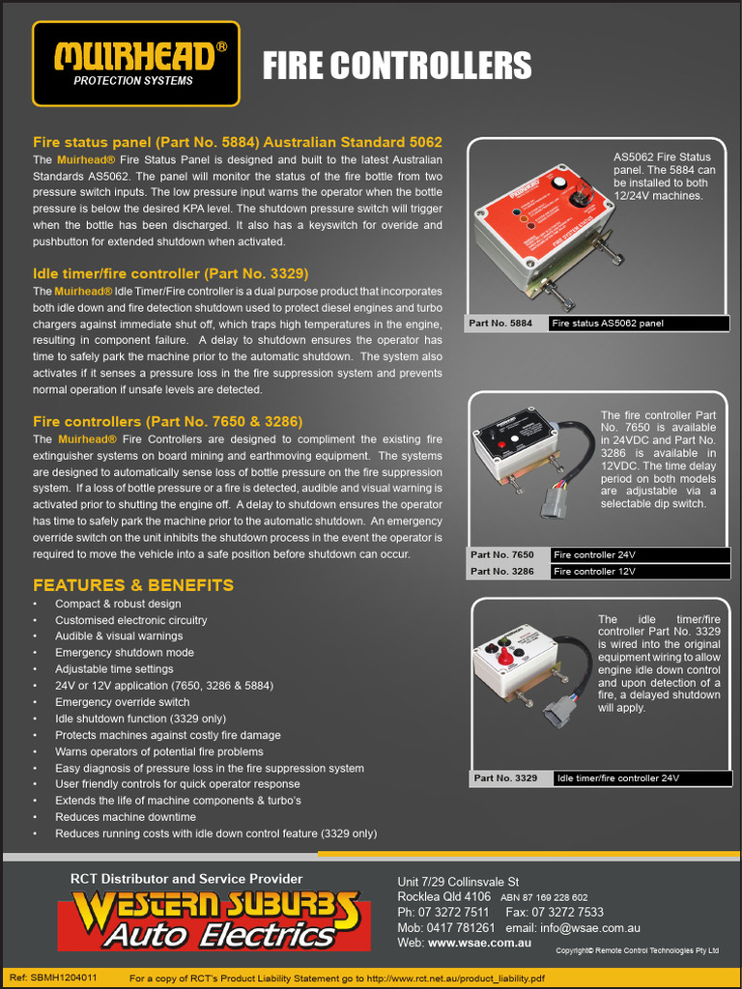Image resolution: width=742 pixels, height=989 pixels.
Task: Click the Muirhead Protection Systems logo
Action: [x=135, y=64]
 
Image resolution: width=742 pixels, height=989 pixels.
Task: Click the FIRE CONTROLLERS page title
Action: [x=397, y=66]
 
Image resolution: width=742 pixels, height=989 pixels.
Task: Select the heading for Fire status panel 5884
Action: [x=238, y=141]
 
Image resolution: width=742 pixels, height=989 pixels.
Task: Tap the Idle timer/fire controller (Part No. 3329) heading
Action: [x=171, y=273]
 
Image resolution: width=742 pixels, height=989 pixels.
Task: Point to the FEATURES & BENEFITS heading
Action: [x=133, y=585]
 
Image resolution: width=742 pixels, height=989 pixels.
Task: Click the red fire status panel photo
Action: [x=543, y=239]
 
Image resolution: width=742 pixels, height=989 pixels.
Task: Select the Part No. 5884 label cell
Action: [x=506, y=324]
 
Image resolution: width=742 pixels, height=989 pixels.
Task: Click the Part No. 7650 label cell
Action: [x=508, y=555]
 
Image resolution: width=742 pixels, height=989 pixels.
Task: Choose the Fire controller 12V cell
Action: [x=640, y=572]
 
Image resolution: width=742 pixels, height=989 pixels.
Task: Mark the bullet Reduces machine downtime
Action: [x=126, y=817]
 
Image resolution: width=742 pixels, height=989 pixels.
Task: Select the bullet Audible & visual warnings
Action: [x=119, y=636]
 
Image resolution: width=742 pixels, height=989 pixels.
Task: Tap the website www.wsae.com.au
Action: [x=479, y=943]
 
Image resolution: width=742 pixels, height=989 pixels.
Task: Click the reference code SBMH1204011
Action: [x=66, y=977]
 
